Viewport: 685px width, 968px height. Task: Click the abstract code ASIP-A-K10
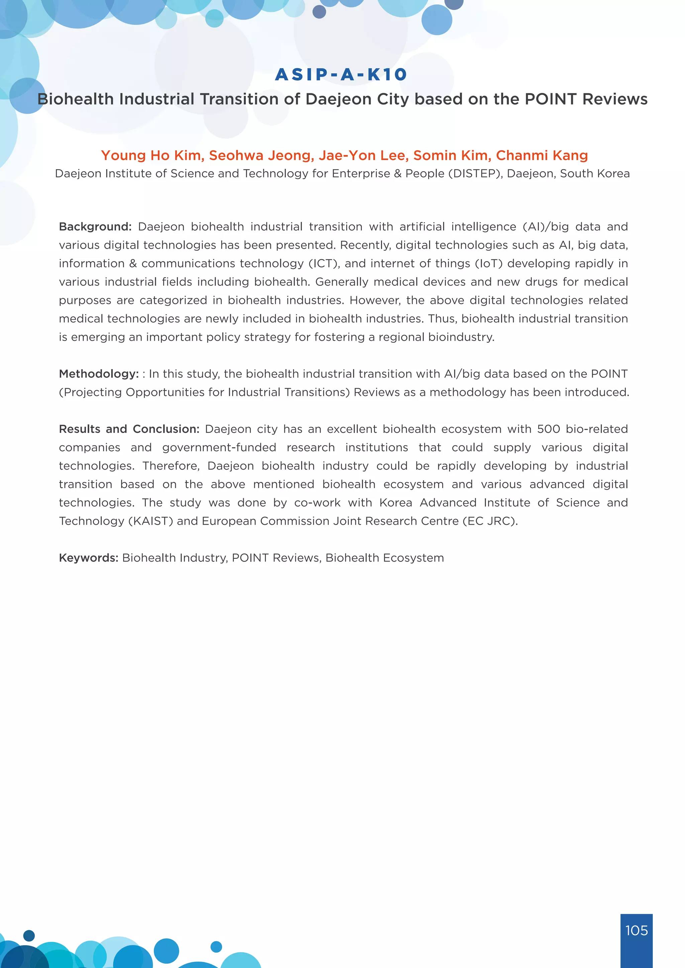[341, 75]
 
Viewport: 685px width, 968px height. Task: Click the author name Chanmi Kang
[542, 155]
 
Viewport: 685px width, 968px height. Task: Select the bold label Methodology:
[99, 374]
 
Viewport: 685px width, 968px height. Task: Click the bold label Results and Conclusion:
[129, 429]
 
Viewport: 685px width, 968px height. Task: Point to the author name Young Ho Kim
[152, 155]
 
